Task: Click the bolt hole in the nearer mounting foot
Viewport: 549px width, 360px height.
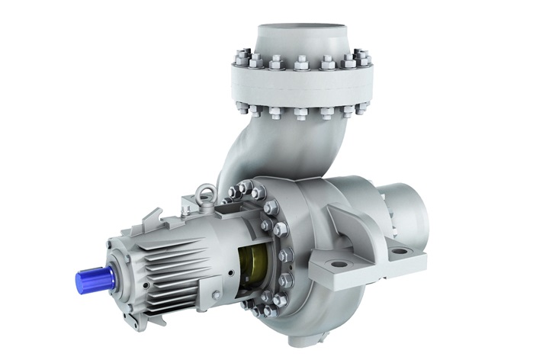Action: click(x=339, y=265)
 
